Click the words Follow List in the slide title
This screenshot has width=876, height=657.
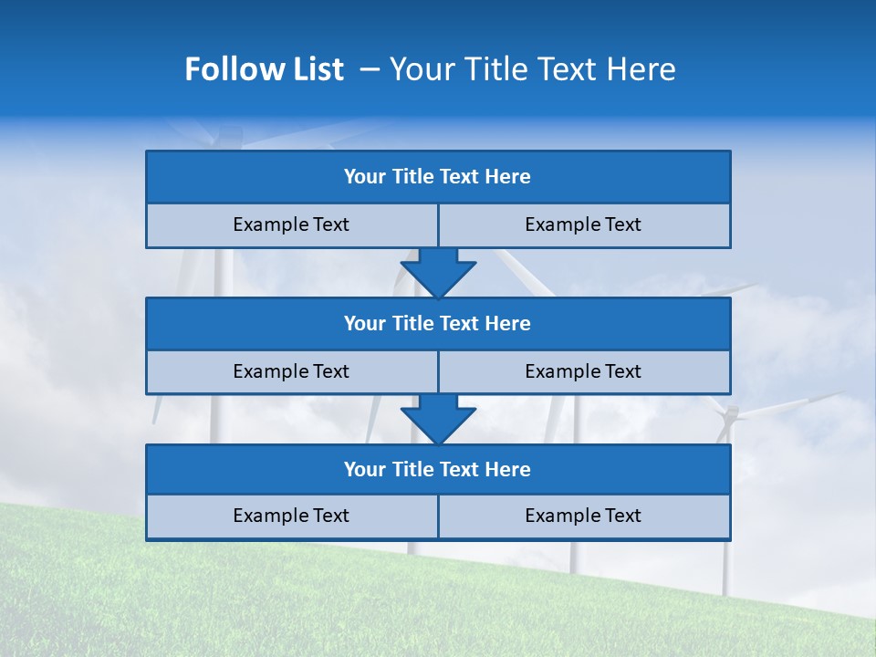coord(264,69)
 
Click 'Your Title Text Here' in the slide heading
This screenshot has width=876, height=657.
coord(532,69)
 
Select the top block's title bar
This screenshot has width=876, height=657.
coord(438,177)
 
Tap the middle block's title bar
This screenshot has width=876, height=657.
coord(438,323)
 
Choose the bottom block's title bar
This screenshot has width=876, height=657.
coord(438,469)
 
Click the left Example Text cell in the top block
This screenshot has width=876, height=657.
coord(291,224)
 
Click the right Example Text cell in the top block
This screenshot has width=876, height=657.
coord(583,224)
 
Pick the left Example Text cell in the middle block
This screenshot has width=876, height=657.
coord(291,371)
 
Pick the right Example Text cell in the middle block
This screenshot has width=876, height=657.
coord(583,371)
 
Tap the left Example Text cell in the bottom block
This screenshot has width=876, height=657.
coord(291,516)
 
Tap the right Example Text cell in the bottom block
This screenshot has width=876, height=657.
coord(583,516)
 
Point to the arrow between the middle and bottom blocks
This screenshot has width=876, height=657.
coord(438,418)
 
